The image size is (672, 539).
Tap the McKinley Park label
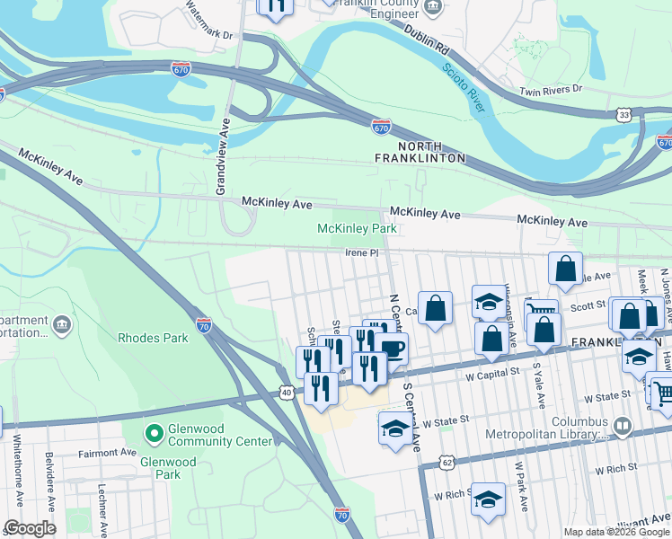357,229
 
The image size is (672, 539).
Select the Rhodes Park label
153,338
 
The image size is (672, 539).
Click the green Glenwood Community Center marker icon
154,433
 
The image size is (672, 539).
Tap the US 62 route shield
447,463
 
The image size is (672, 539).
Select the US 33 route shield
624,115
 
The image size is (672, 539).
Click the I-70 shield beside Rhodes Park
204,326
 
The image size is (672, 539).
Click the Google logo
30,528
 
